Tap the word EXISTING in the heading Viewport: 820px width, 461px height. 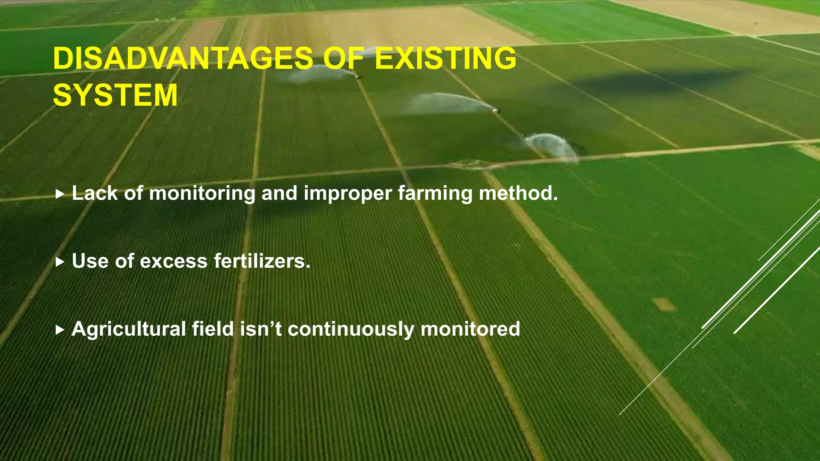[x=445, y=58]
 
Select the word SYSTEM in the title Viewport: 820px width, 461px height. [x=115, y=95]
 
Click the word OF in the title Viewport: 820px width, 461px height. [x=344, y=58]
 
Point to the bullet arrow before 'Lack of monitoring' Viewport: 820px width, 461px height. [x=60, y=194]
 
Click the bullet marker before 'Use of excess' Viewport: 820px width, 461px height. [x=60, y=263]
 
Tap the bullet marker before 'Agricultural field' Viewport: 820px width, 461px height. [x=60, y=330]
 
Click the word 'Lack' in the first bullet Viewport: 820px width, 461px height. [x=95, y=193]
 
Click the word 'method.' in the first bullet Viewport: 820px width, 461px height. [x=518, y=193]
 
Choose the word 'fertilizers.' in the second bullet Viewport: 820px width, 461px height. [x=262, y=261]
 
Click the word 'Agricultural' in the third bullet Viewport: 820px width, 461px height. [x=129, y=329]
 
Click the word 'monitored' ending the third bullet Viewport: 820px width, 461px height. [x=470, y=329]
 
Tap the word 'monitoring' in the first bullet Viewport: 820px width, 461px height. [x=202, y=194]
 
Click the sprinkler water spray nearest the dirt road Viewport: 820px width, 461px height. [x=553, y=146]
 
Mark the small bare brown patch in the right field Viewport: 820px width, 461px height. [x=664, y=305]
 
